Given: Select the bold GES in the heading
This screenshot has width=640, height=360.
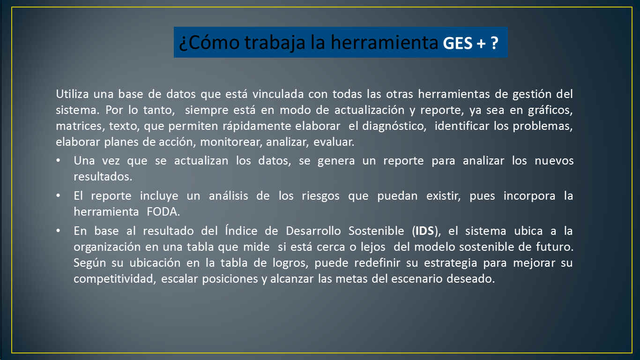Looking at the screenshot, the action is [458, 44].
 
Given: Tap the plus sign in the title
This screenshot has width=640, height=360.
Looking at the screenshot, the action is [481, 44].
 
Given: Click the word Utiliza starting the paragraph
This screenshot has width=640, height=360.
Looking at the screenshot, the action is [72, 94].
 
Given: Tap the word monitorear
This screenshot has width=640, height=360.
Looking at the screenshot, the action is [231, 142].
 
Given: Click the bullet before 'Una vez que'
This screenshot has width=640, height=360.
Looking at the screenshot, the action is [58, 161].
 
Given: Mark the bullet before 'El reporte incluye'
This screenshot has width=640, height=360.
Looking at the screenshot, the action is [58, 196].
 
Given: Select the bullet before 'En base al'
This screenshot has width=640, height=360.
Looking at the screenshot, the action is [58, 231].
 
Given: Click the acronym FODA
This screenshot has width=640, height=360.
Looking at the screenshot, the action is [163, 212].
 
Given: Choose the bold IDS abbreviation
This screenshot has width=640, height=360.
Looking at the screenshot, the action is [424, 231].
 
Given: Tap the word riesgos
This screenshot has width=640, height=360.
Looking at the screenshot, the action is [320, 196].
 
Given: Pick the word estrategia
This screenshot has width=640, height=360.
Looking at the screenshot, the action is [450, 263].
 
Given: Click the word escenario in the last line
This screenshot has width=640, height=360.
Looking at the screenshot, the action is [417, 279].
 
